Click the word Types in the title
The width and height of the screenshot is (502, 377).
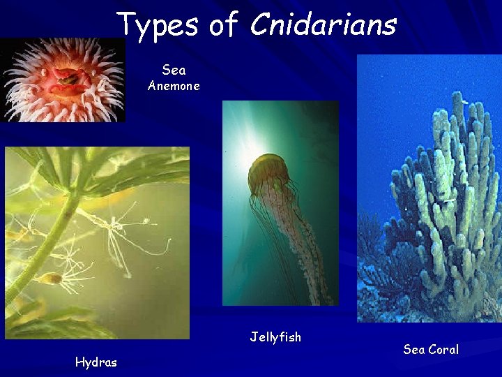click(x=158, y=24)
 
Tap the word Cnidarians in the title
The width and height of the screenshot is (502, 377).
click(x=323, y=24)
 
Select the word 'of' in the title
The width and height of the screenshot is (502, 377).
click(x=223, y=24)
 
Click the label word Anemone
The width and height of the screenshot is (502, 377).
click(x=174, y=86)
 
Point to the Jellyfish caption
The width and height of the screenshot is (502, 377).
click(x=275, y=337)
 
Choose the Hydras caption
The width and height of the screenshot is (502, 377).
click(x=96, y=362)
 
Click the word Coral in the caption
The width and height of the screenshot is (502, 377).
click(x=443, y=349)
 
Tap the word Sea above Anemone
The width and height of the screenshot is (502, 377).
click(x=174, y=70)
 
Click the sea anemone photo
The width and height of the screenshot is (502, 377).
click(x=63, y=80)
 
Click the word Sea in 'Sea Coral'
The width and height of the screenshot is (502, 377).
click(x=413, y=349)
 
